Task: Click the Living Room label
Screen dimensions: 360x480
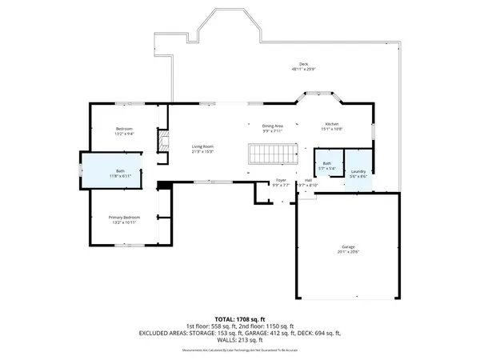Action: click(202, 146)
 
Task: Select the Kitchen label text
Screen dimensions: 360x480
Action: click(331, 124)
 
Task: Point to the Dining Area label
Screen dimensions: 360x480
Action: click(273, 126)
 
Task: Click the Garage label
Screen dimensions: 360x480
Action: click(349, 246)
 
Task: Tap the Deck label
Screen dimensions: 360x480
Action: click(303, 64)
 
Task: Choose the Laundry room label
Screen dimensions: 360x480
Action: click(358, 171)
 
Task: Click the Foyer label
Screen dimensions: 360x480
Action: click(281, 181)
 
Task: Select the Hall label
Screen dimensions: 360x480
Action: click(308, 181)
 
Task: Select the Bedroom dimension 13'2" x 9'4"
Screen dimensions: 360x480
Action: click(124, 134)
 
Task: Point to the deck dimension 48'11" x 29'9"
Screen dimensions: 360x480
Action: click(303, 70)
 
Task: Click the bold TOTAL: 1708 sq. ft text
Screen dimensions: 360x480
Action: click(240, 318)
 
